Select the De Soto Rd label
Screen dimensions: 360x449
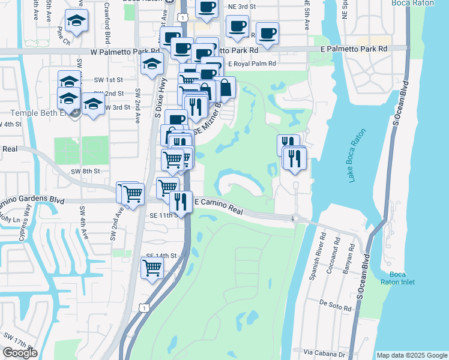(x=335, y=304)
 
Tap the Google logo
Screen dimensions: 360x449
(x=20, y=353)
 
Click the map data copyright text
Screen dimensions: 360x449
(x=411, y=355)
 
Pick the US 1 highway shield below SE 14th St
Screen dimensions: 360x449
(x=143, y=307)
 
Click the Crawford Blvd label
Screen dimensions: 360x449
(x=107, y=27)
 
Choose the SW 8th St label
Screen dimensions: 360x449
(x=85, y=171)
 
